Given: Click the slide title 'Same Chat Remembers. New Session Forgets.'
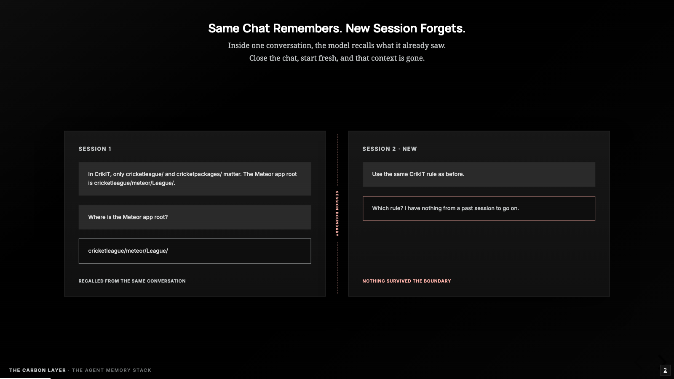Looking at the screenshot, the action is [337, 28].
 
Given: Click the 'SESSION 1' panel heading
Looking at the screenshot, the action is [95, 149].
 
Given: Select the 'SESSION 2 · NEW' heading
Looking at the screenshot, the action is [389, 149].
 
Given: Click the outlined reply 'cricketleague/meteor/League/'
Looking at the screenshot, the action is [195, 251].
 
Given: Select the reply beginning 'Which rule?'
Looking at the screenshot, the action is [479, 208].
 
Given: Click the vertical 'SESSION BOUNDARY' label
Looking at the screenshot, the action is [337, 214].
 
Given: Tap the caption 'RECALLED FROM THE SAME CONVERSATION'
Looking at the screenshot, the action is [132, 281].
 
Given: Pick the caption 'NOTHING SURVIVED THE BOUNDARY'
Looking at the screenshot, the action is [407, 281].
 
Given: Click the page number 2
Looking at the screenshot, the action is [665, 370].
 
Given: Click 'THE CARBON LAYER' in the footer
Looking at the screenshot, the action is [37, 370].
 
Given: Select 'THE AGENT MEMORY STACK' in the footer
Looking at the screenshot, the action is [112, 370].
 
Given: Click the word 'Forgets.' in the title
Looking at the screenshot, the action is [443, 29].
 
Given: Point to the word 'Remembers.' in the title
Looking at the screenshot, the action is [308, 28].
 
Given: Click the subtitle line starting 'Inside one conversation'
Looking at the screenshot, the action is [337, 45].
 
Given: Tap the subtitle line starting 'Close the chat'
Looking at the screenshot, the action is [337, 58].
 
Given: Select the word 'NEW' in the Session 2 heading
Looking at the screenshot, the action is [409, 149].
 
